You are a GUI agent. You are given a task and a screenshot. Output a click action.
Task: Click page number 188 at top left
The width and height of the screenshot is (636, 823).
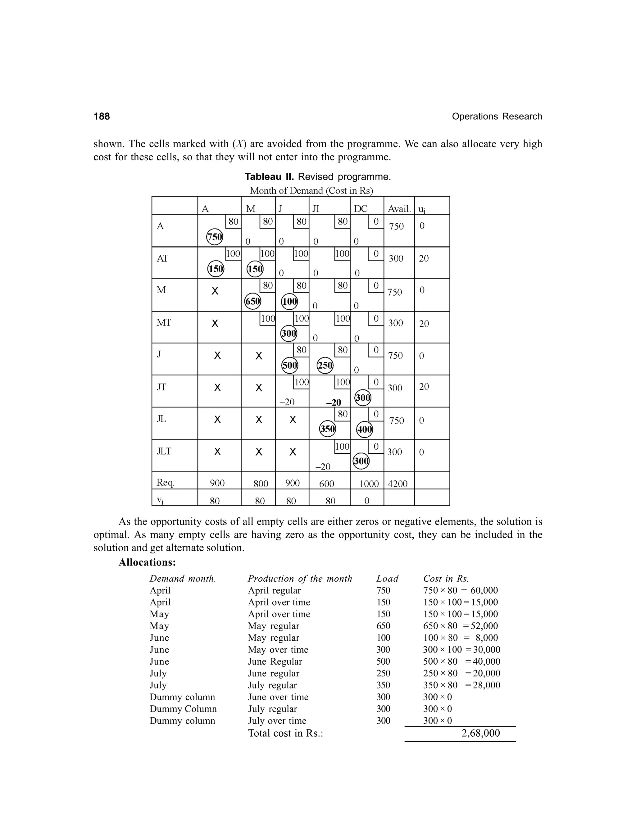click(x=102, y=116)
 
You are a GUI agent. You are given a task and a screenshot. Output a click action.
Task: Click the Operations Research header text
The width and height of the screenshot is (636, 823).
click(x=497, y=116)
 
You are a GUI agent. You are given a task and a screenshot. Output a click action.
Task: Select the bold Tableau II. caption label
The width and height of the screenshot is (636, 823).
click(x=269, y=177)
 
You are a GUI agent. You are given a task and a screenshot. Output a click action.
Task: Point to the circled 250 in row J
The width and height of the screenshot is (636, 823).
click(x=325, y=365)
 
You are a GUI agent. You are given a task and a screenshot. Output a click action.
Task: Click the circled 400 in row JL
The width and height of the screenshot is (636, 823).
click(x=364, y=429)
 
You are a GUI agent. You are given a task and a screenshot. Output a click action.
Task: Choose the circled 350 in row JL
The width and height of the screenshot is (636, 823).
click(x=327, y=429)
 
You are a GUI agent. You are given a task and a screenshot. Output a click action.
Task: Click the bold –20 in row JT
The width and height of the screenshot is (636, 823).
click(x=334, y=402)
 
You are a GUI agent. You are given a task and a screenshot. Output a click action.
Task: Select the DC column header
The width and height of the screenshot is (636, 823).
click(x=360, y=209)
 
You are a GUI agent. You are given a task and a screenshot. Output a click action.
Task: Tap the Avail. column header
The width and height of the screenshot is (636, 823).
click(x=399, y=209)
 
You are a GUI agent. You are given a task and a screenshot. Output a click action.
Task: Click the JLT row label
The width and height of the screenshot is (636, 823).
click(x=164, y=451)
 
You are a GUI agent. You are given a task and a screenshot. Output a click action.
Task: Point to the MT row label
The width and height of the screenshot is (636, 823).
click(x=164, y=323)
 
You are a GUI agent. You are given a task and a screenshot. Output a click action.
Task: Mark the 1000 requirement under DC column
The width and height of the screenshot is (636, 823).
click(x=369, y=484)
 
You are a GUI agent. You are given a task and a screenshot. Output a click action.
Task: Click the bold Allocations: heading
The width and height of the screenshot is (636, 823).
click(x=147, y=562)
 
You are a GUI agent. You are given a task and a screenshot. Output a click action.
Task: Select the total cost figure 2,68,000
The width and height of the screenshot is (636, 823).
click(x=480, y=733)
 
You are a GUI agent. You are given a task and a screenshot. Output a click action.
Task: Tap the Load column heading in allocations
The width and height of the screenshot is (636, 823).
click(x=387, y=579)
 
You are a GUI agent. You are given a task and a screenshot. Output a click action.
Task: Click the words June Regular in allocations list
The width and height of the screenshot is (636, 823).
click(x=275, y=661)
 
